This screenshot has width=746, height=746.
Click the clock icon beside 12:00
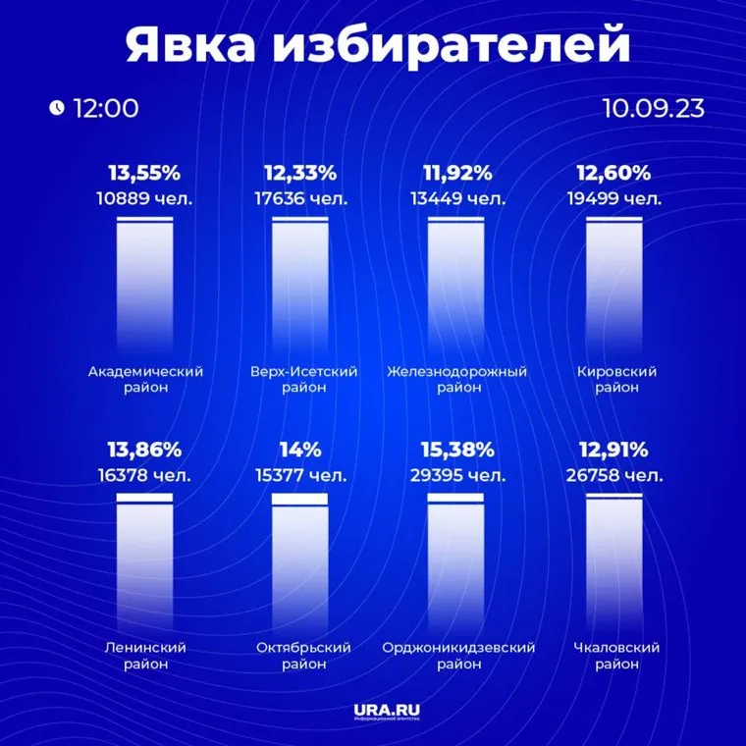[x=57, y=108]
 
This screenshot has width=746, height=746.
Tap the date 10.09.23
[x=654, y=108]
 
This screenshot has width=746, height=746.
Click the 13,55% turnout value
[x=144, y=174]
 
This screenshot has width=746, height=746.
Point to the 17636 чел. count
[x=300, y=198]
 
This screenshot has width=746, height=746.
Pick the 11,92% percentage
[x=456, y=174]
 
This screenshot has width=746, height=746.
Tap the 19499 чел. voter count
[x=614, y=198]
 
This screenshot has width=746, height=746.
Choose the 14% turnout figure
[x=300, y=451]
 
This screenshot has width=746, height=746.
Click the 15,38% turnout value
[x=456, y=451]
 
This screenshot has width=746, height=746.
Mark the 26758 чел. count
[x=614, y=476]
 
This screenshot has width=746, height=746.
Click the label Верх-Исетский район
[x=304, y=380]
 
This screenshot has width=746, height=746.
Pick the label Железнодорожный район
[x=456, y=380]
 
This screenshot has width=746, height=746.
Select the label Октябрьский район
[x=304, y=656]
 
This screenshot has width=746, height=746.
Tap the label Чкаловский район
[x=615, y=656]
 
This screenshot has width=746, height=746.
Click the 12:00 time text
[x=105, y=108]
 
